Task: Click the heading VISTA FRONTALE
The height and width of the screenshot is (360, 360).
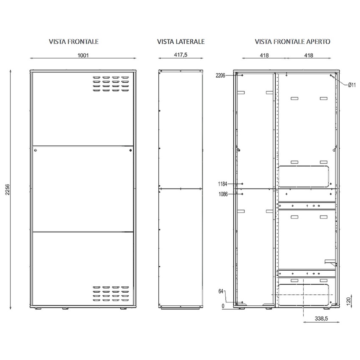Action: (x=74, y=42)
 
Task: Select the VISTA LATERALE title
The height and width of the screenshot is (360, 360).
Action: (x=181, y=42)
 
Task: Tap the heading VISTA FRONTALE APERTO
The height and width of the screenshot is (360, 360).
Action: (x=293, y=42)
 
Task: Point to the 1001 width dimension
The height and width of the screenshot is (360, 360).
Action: (x=83, y=55)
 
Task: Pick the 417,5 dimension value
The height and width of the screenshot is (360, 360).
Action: (x=181, y=55)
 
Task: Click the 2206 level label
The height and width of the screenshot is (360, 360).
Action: (x=220, y=75)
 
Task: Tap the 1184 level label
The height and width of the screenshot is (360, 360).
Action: (x=223, y=184)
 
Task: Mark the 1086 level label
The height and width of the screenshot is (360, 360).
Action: (x=223, y=194)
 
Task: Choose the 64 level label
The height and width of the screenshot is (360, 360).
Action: (x=221, y=292)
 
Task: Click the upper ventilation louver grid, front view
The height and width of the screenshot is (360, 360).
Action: (x=110, y=83)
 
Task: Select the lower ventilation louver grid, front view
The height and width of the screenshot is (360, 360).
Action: (x=110, y=294)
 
